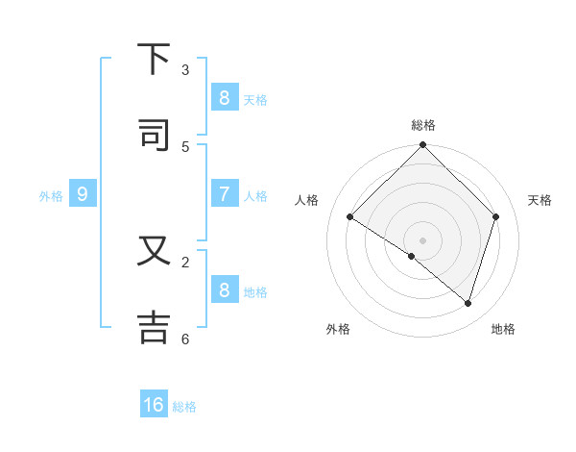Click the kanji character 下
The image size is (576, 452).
tap(154, 62)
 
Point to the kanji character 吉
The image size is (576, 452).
tap(154, 325)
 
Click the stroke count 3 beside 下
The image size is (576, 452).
tap(185, 70)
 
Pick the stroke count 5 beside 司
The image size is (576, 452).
tap(185, 146)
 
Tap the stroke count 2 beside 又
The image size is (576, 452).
tap(185, 262)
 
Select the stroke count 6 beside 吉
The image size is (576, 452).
tap(185, 339)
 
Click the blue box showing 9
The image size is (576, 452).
tap(83, 194)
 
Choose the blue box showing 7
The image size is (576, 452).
tap(224, 194)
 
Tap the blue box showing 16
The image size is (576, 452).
tap(154, 405)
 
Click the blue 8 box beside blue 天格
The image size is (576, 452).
tap(224, 97)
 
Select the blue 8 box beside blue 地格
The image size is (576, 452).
tap(224, 290)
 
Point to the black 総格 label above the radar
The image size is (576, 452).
tap(423, 125)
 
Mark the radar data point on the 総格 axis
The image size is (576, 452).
tap(423, 146)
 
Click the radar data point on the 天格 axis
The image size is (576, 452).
tap(496, 216)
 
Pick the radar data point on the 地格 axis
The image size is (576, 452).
tap(468, 303)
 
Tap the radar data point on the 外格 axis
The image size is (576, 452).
tap(412, 257)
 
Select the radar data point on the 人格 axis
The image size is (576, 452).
tap(350, 216)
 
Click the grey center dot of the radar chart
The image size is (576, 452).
tap(423, 240)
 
